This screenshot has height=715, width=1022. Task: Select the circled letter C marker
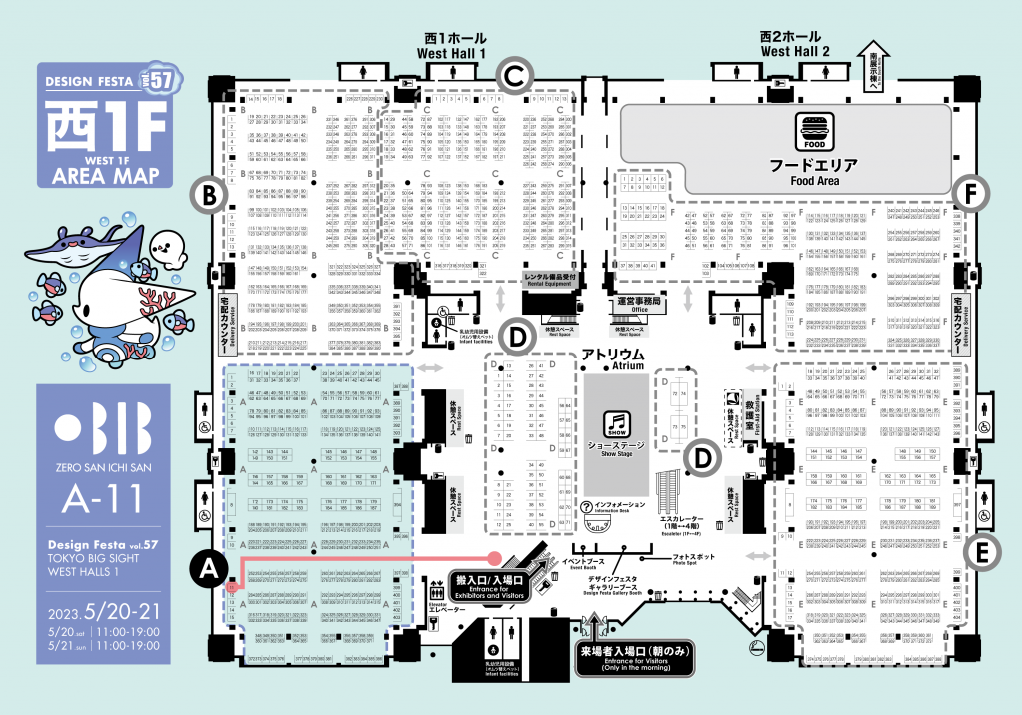tap(512, 73)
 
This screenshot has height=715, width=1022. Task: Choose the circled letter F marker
tap(967, 193)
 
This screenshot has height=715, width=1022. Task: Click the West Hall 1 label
tap(455, 45)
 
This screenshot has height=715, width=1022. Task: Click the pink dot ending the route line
tap(494, 557)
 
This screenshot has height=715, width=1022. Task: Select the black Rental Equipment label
tap(552, 279)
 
